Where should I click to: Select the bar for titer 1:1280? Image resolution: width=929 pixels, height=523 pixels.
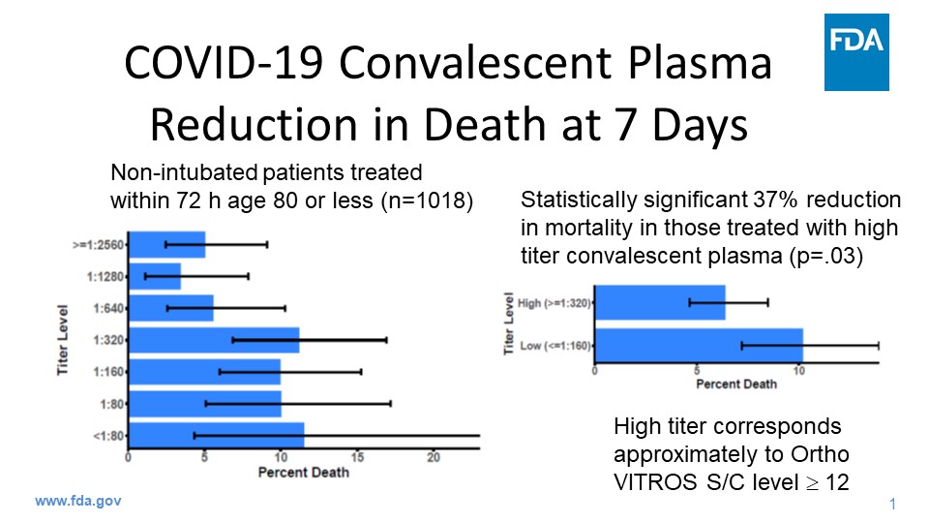point(155,276)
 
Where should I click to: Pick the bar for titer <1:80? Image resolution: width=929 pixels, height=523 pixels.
point(217,435)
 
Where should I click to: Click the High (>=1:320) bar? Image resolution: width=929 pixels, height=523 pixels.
point(659,303)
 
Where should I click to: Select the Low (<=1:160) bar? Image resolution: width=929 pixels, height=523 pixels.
point(698,345)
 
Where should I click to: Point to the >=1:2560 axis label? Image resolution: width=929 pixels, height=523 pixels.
point(100,245)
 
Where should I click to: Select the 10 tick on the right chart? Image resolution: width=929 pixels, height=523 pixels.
point(798,371)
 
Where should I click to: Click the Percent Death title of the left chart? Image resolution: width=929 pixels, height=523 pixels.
point(303,473)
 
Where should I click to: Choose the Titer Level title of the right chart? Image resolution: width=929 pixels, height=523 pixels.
point(510,324)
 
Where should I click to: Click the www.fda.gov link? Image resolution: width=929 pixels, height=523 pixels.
point(78,502)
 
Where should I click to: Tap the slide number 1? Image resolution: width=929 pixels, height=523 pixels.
point(892,504)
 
